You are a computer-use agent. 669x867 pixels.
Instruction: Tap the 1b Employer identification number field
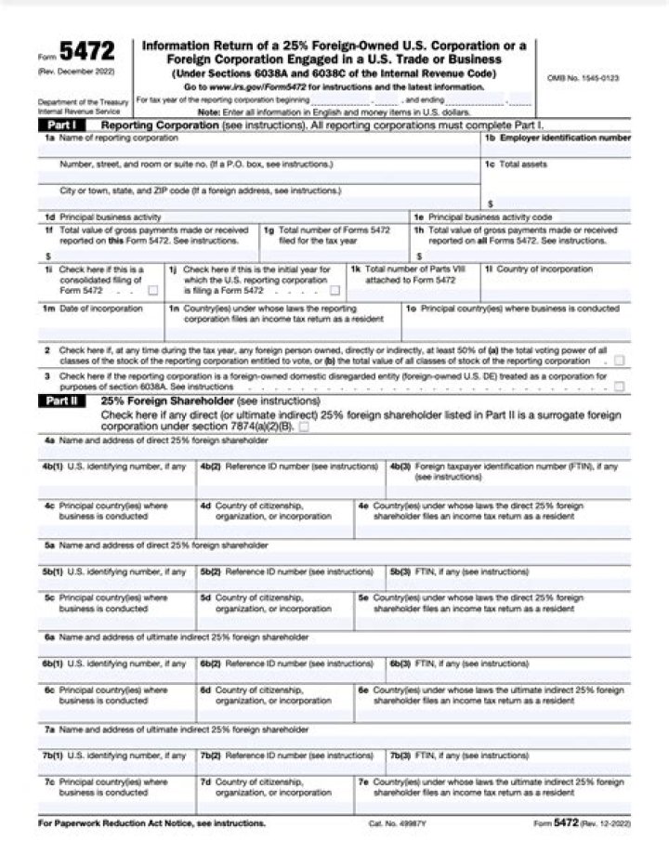557,149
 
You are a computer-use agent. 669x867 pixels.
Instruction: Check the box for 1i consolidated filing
152,291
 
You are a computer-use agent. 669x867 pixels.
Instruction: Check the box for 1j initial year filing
334,291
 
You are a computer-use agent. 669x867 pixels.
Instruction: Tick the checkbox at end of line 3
619,386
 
